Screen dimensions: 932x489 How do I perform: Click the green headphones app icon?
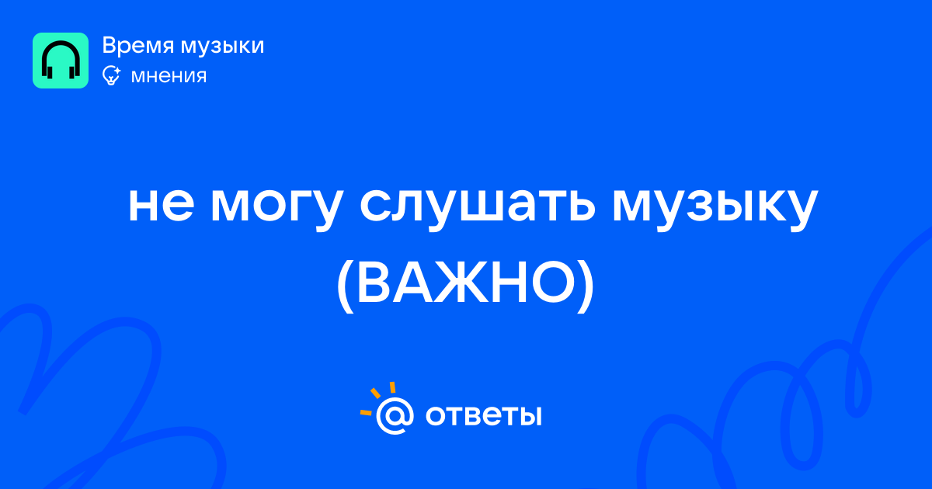[x=61, y=61]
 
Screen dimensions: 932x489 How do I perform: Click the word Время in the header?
[x=137, y=45]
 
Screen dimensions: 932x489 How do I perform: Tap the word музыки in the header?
[x=223, y=46]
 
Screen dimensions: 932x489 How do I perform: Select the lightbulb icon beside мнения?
[x=111, y=75]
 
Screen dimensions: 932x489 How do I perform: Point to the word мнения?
[x=169, y=76]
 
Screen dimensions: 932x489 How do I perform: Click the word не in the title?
[x=162, y=205]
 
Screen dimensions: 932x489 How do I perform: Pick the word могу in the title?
[x=277, y=209]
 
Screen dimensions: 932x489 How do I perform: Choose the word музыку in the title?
[x=715, y=209]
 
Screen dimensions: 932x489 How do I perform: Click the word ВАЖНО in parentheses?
[x=465, y=283]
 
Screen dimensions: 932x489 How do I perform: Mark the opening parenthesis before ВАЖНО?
[x=345, y=286]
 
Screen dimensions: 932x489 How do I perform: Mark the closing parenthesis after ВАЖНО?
[x=586, y=286]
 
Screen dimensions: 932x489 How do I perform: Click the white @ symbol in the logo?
[x=395, y=415]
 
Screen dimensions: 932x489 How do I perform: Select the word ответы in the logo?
[x=483, y=415]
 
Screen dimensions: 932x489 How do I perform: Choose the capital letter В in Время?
[x=109, y=45]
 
